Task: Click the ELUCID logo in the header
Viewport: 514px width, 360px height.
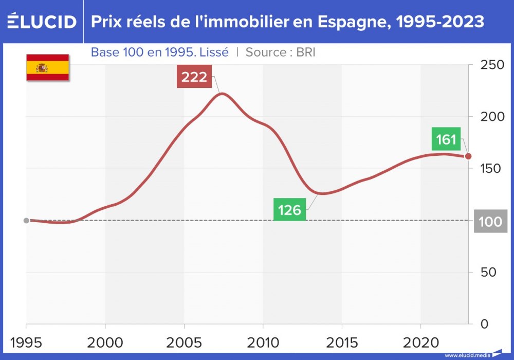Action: (42, 22)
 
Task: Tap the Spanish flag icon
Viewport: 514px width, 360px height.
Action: (48, 67)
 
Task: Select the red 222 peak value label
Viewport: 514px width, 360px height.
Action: (194, 77)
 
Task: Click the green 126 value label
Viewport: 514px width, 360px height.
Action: (289, 210)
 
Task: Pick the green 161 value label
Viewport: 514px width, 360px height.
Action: (446, 139)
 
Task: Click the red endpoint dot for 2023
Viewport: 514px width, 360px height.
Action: (468, 156)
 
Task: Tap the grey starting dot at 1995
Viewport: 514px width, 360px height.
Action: (26, 221)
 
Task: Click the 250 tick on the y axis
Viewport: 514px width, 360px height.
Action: (490, 65)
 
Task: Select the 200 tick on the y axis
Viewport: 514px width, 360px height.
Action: (490, 117)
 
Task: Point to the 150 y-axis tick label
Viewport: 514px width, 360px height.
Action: (490, 169)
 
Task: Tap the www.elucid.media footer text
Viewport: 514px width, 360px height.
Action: (467, 355)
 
